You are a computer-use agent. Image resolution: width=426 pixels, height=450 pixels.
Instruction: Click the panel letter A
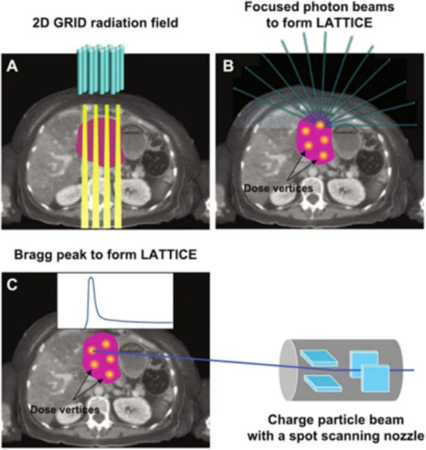(x=12, y=67)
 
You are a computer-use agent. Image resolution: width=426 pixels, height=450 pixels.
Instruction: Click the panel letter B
(x=227, y=67)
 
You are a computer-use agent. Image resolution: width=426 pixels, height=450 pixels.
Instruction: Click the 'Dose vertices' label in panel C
(x=64, y=409)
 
